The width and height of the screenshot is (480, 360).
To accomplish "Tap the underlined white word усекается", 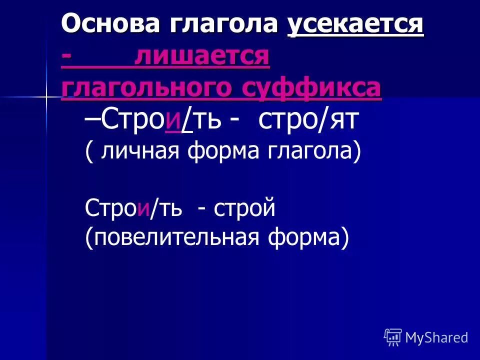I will point(355,23).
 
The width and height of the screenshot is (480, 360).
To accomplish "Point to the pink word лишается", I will point(202,56).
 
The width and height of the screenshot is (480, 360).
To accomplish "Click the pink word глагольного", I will point(144,88).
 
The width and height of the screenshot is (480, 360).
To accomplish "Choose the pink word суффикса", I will point(310,88).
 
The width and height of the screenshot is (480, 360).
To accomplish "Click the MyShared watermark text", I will point(436,337).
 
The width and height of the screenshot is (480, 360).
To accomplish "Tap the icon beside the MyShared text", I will point(392,337).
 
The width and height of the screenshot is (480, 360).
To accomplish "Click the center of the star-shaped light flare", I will point(46,96).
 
